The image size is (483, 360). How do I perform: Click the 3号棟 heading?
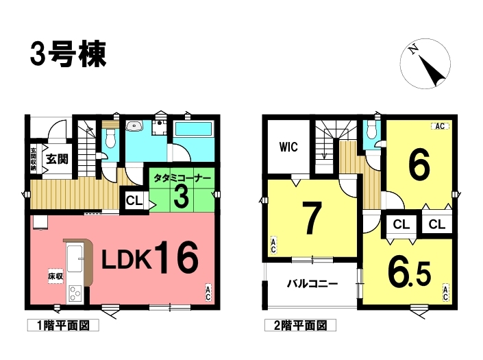tap(69, 55)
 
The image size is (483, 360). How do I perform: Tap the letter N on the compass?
tap(413, 49)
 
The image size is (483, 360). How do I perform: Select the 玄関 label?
tap(58, 158)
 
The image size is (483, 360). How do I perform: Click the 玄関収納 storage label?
tap(34, 159)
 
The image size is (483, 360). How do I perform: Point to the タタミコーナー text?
tap(182, 178)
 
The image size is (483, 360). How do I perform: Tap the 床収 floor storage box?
tap(55, 276)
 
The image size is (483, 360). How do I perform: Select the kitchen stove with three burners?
tap(75, 293)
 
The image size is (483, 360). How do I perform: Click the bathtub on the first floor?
tap(193, 129)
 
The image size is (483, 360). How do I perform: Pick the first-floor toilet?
tap(110, 139)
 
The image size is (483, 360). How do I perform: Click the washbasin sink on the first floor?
tap(134, 125)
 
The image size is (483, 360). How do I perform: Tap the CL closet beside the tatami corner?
tap(134, 201)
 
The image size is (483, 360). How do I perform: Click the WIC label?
tap(288, 147)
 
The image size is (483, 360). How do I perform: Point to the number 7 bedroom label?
tap(312, 218)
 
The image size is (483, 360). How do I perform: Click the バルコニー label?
tap(312, 283)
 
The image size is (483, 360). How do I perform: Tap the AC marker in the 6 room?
tap(440, 126)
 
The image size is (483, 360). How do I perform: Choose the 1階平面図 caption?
tap(63, 326)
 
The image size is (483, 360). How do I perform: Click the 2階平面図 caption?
tap(300, 326)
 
